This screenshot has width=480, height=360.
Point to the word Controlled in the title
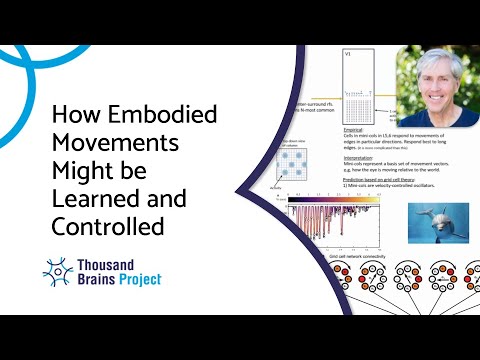coord(107,227)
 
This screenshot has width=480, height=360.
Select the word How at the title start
coord(73,116)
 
